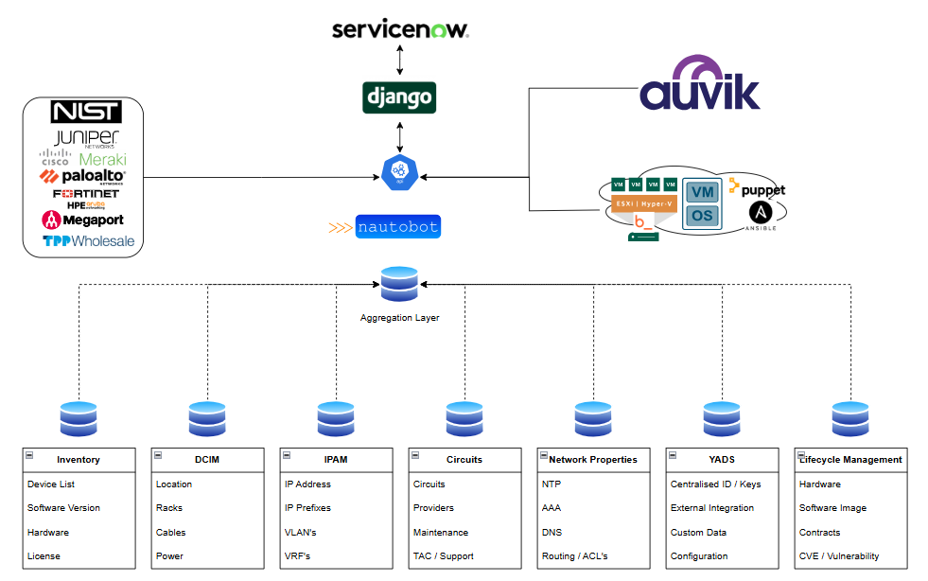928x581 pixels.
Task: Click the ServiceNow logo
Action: coord(400,29)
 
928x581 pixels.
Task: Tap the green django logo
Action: coord(399,97)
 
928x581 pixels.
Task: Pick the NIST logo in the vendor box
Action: coord(86,113)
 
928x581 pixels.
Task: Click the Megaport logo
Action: coord(82,220)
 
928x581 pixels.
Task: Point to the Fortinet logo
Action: coord(86,194)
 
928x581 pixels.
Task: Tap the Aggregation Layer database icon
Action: coord(398,285)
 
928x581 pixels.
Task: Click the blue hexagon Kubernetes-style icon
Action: coord(399,171)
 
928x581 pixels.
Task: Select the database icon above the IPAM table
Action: coord(336,419)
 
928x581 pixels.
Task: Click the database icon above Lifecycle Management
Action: coord(850,419)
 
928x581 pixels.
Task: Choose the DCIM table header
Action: coord(207,460)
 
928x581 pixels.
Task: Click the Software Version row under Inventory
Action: coord(63,508)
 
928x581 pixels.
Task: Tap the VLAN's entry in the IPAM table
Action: coord(301,533)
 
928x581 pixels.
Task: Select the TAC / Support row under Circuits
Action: coord(443,556)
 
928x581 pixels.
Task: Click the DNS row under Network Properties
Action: coord(552,533)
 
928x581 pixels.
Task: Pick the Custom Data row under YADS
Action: coord(699,533)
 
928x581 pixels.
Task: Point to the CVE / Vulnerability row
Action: coord(839,556)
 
